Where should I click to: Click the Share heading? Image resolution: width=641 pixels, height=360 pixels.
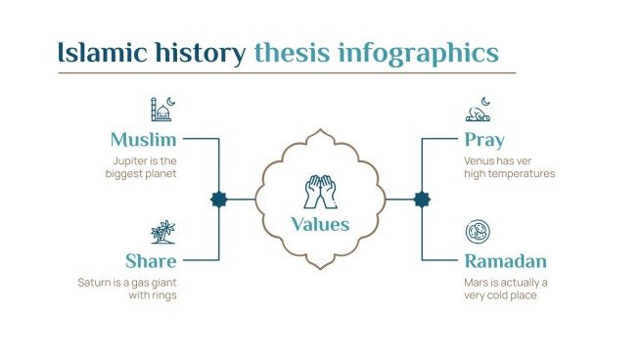151,261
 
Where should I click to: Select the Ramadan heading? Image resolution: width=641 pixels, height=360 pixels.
505,261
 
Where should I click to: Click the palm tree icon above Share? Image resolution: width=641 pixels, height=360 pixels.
163,232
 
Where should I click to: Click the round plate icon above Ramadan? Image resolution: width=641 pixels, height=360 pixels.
478,232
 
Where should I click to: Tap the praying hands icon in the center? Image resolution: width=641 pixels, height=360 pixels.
320,191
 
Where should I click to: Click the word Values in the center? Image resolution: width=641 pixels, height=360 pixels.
320,225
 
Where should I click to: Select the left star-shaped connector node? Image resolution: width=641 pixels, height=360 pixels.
218,200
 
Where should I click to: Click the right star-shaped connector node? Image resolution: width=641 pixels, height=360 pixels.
422,200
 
